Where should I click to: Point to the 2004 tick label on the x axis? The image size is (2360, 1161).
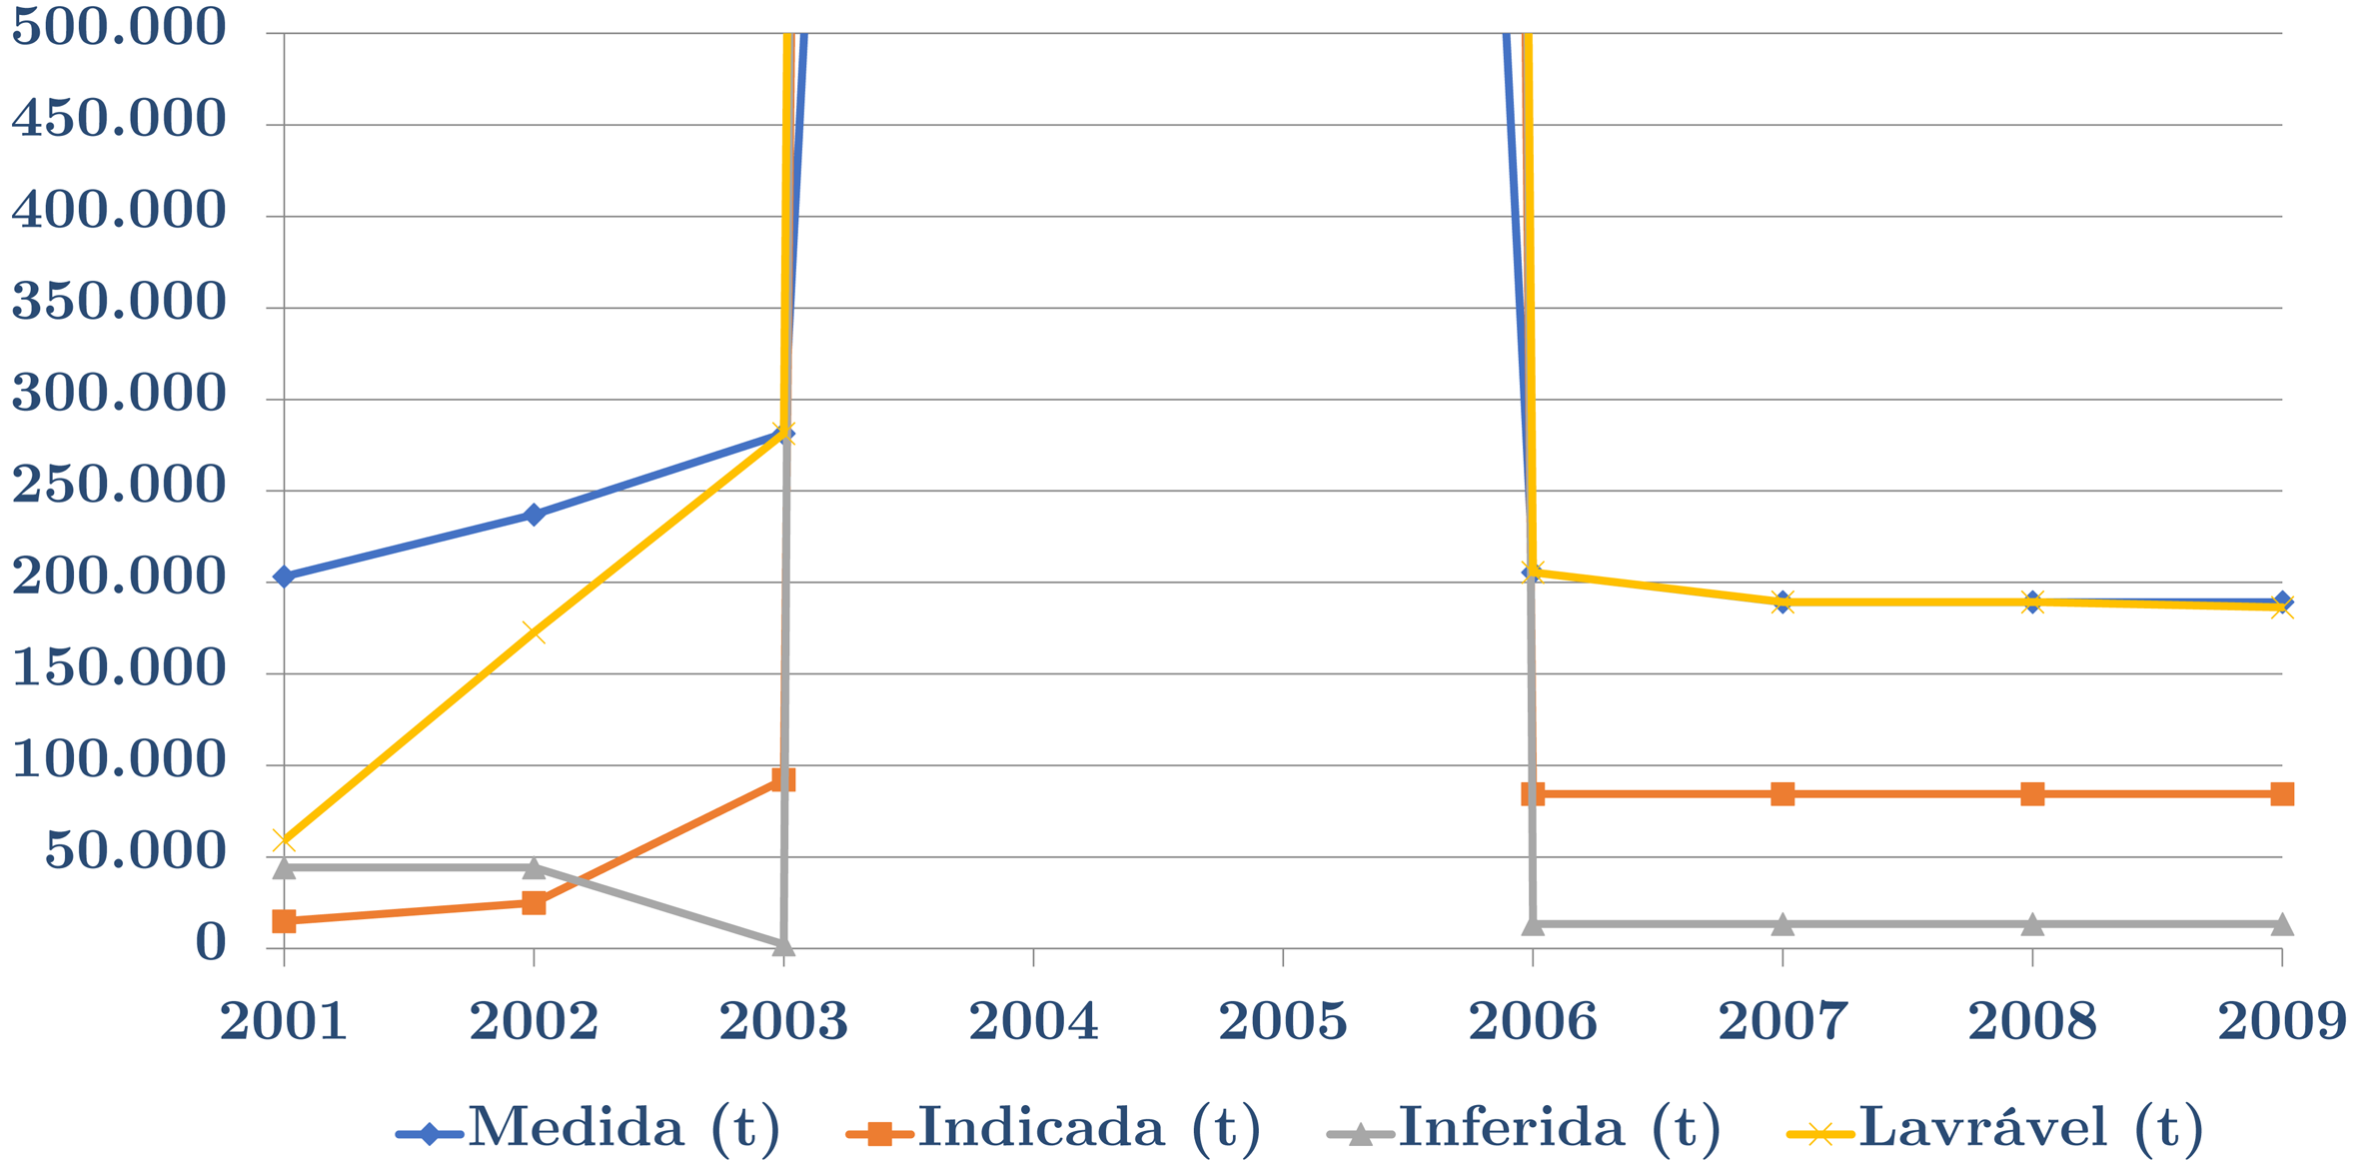tap(1033, 1021)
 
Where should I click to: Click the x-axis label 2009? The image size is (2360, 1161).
tap(2282, 1021)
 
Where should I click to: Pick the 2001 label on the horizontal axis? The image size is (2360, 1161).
tap(284, 1021)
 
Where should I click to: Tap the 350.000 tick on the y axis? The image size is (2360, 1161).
tap(119, 302)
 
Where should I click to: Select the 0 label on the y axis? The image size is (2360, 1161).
tap(211, 942)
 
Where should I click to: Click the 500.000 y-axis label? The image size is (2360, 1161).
tap(119, 27)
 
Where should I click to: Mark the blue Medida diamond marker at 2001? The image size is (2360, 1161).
tap(284, 577)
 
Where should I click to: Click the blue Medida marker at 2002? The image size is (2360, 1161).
tap(534, 515)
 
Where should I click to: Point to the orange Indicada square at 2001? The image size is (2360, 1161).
tap(284, 920)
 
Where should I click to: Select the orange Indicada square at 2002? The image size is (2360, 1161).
tap(534, 903)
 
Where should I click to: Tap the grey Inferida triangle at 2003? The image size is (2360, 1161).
tap(783, 943)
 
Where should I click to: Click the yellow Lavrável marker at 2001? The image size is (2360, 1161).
tap(284, 841)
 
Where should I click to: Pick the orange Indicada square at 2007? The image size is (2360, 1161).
tap(1782, 794)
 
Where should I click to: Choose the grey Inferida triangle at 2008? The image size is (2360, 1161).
tap(2032, 924)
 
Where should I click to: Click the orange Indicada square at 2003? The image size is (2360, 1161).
tap(783, 780)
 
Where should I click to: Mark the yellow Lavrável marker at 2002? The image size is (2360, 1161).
tap(534, 631)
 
